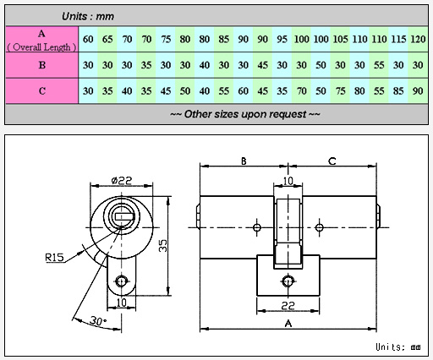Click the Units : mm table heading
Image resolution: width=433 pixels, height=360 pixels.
point(88,16)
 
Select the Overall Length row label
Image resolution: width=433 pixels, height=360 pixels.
point(41,47)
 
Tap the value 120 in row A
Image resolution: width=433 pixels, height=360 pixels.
point(418,39)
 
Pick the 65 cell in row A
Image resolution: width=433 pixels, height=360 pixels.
point(107,39)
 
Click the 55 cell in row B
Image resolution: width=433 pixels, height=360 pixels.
point(379,65)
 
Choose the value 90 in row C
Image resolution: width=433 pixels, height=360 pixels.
point(418,91)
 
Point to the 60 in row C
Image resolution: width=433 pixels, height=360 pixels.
point(243,91)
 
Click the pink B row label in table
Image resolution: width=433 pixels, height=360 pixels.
point(42,65)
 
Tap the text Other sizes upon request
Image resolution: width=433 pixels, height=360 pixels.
point(245,114)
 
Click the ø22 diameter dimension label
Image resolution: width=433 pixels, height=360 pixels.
point(122,180)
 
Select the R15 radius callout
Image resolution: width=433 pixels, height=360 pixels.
point(54,258)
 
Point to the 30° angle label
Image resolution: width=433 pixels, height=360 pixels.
point(98,321)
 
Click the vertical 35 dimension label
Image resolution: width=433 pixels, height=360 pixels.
point(163,246)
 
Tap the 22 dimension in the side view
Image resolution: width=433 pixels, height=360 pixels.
point(288,306)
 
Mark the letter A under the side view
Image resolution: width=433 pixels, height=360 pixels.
point(288,324)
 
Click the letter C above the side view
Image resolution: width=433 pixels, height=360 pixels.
point(332,161)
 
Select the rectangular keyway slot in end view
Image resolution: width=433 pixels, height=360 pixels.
point(124,216)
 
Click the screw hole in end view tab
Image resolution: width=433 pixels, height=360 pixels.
point(122,281)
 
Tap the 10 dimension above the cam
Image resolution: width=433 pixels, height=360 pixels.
point(288,181)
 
